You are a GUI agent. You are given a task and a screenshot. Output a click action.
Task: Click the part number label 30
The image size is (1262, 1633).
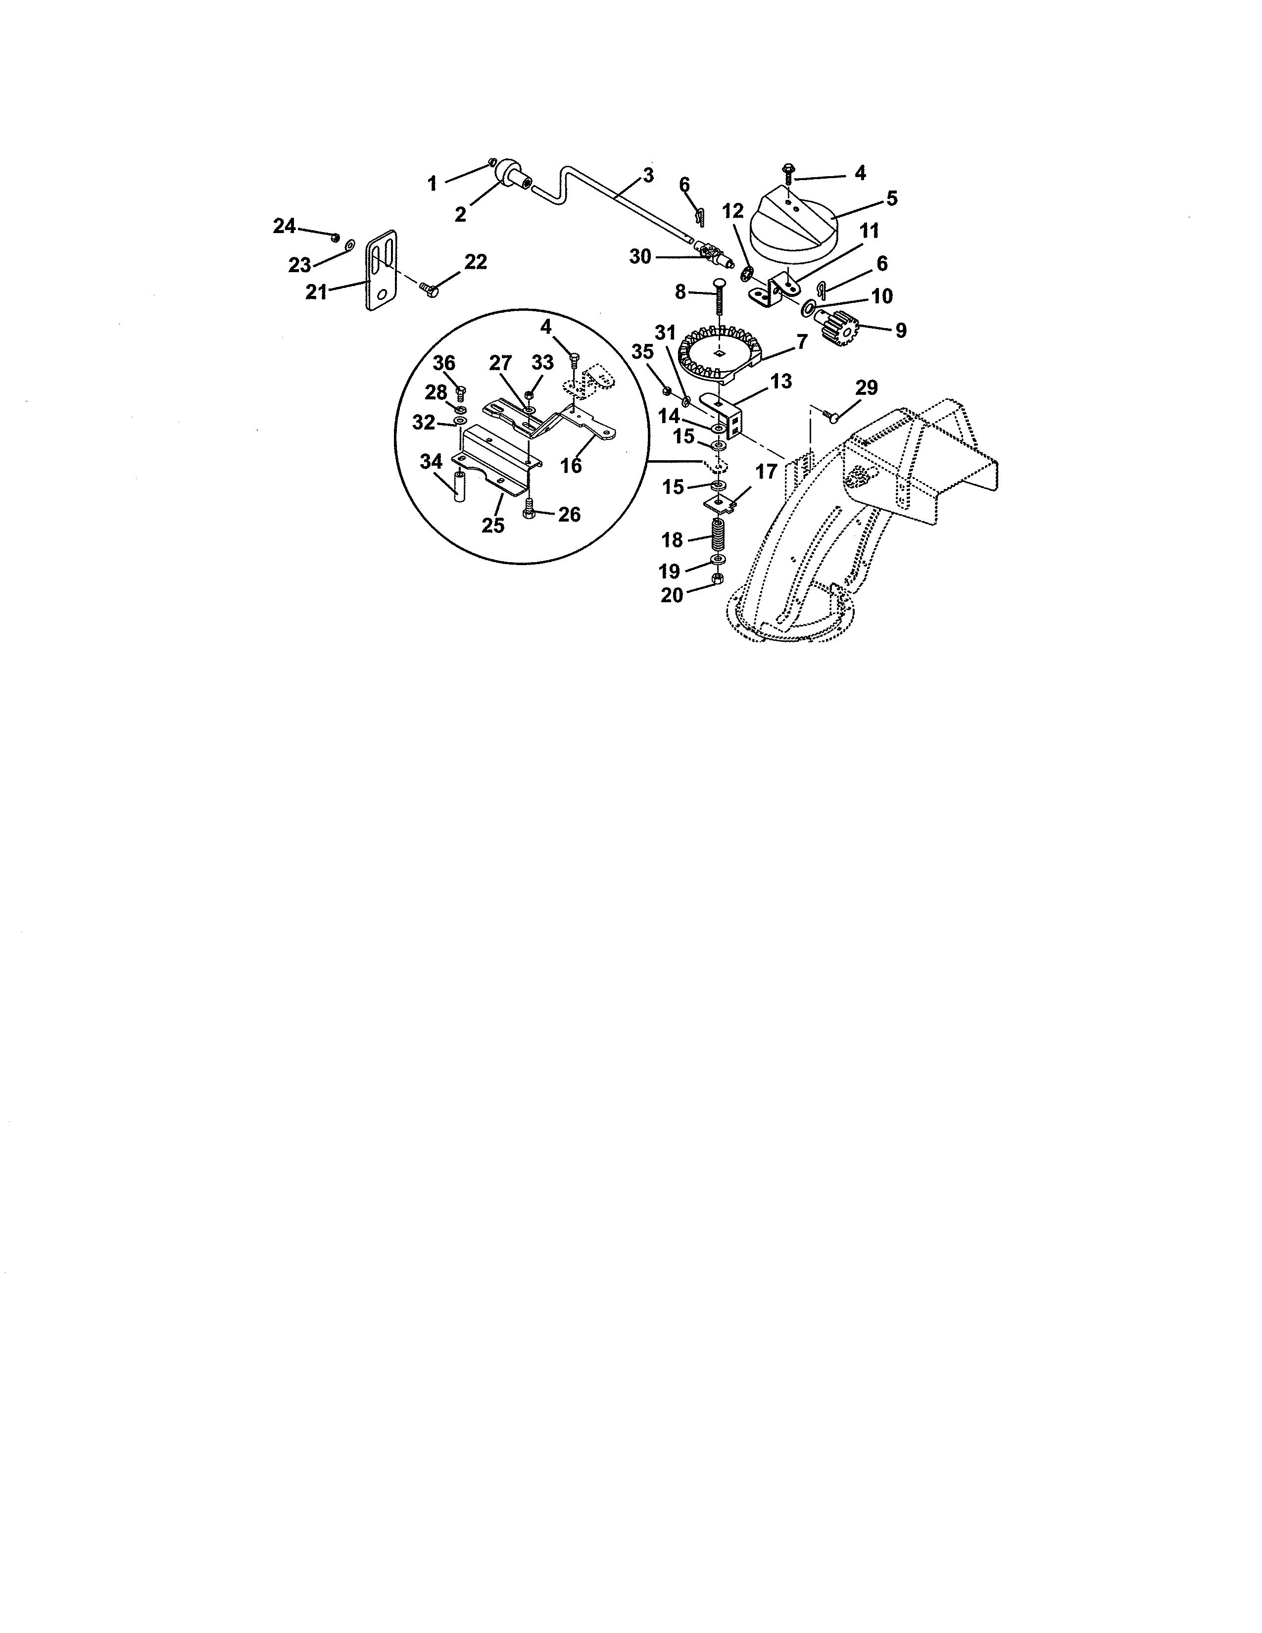pyautogui.click(x=640, y=257)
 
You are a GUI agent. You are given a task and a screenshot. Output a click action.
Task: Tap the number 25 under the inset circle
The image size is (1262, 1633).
pyautogui.click(x=493, y=526)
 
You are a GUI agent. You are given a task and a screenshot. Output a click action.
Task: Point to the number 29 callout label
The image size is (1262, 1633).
pyautogui.click(x=867, y=388)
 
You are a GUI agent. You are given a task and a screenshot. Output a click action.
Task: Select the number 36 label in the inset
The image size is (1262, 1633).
pyautogui.click(x=444, y=363)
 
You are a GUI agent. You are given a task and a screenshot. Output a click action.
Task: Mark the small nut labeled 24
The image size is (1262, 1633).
pyautogui.click(x=336, y=237)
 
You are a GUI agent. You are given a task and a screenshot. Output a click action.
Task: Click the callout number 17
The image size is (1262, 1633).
pyautogui.click(x=766, y=473)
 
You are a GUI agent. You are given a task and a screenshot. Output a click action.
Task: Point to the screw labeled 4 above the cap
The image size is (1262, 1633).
pyautogui.click(x=786, y=172)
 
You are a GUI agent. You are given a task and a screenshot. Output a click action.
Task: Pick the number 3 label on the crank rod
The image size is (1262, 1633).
pyautogui.click(x=647, y=176)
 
